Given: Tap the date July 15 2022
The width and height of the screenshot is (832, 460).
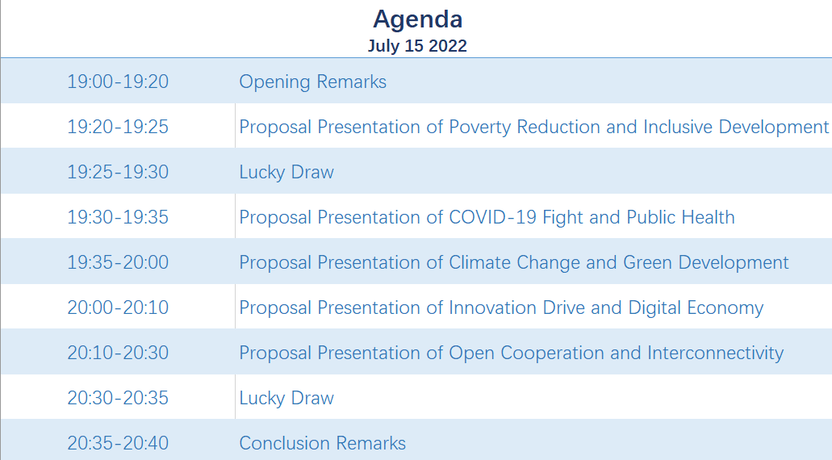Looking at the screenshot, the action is (x=417, y=46).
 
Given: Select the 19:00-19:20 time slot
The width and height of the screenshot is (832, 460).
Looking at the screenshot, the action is (x=118, y=82).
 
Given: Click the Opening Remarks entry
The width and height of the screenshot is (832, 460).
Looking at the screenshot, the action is (x=312, y=82).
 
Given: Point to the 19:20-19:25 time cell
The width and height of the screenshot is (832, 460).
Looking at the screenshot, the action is (x=118, y=127).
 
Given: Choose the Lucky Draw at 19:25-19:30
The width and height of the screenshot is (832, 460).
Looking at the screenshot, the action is (x=286, y=173).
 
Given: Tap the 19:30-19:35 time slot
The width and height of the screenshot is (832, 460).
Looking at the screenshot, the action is (x=118, y=217).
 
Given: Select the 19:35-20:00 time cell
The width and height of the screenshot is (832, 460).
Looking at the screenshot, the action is (x=118, y=262).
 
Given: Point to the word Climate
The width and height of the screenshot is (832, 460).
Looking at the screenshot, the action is (x=479, y=262).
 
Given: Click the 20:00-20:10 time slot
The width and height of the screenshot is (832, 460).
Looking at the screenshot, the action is (x=118, y=307).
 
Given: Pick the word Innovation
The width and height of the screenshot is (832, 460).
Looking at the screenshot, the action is (x=492, y=307).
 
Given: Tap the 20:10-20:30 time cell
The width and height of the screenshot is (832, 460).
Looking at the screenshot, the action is (x=118, y=353).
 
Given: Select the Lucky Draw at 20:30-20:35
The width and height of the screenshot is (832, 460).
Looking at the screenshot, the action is (x=286, y=399).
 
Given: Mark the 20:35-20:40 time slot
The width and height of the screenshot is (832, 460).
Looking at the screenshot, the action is (x=118, y=443).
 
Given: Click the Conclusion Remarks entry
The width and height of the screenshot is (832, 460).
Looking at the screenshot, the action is (x=323, y=443).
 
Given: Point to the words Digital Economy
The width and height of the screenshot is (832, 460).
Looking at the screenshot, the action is (x=696, y=308).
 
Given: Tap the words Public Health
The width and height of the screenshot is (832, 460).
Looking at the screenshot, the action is (x=681, y=217).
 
